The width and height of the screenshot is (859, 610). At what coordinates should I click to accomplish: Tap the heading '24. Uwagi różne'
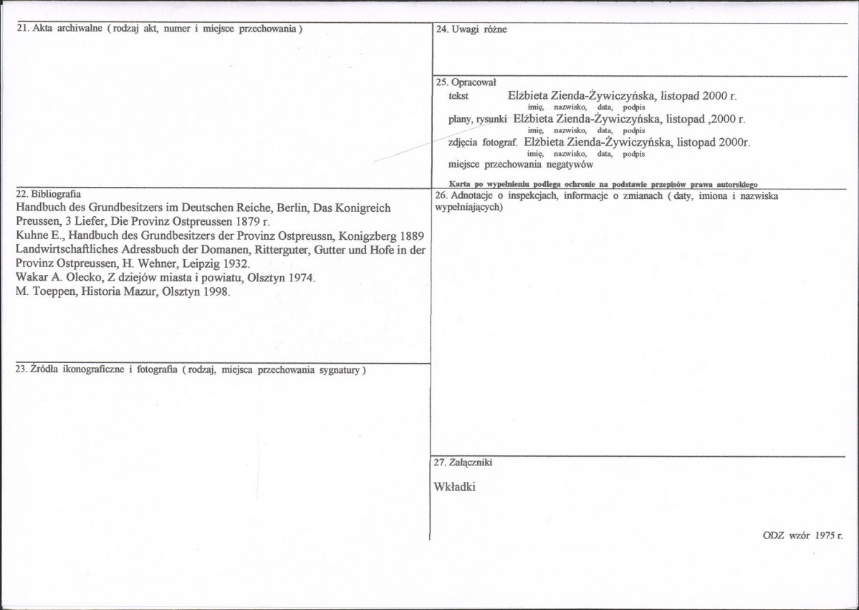(x=471, y=30)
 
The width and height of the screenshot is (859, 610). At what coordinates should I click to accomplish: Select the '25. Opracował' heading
(x=466, y=82)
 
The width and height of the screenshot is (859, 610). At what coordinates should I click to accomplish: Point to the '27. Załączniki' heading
(x=463, y=463)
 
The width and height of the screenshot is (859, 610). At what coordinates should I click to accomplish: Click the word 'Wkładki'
(x=454, y=487)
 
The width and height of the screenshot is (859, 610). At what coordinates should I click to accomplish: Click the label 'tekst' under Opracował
(x=458, y=95)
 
